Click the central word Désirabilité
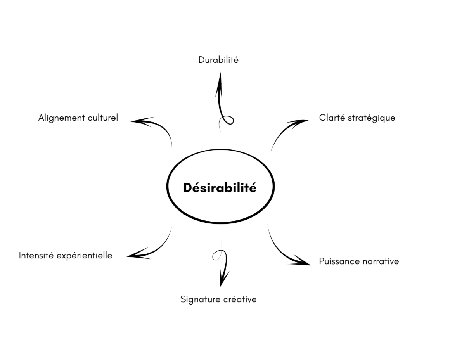220,187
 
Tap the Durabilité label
218,60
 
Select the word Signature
199,300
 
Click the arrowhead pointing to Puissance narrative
301,261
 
